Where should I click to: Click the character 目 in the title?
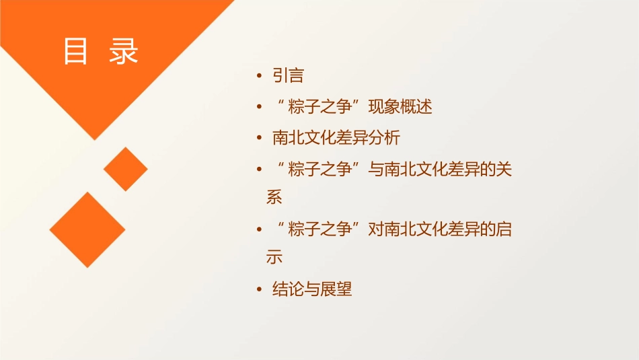click(76, 52)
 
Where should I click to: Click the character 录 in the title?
click(123, 52)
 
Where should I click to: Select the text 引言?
click(288, 76)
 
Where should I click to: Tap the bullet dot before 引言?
click(259, 77)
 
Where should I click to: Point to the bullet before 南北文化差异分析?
click(259, 139)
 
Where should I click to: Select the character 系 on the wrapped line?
click(274, 197)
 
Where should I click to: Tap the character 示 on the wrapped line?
click(274, 257)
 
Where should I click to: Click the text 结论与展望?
click(312, 290)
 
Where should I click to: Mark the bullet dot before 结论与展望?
click(259, 291)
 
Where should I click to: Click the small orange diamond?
click(126, 169)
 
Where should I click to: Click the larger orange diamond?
click(87, 229)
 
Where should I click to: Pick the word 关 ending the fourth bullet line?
click(504, 170)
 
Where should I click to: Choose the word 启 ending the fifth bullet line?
click(504, 229)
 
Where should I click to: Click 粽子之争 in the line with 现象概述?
click(320, 107)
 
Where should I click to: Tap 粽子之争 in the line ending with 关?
click(320, 170)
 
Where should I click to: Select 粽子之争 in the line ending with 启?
click(320, 229)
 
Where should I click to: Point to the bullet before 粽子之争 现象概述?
click(259, 108)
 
